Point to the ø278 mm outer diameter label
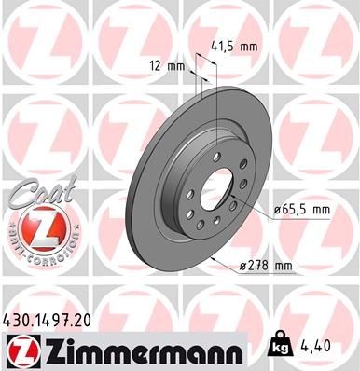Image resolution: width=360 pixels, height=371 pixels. pos(266,267)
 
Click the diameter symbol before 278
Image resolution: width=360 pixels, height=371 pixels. pos(242,268)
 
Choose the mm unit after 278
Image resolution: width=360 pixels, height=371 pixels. pos(284,267)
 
